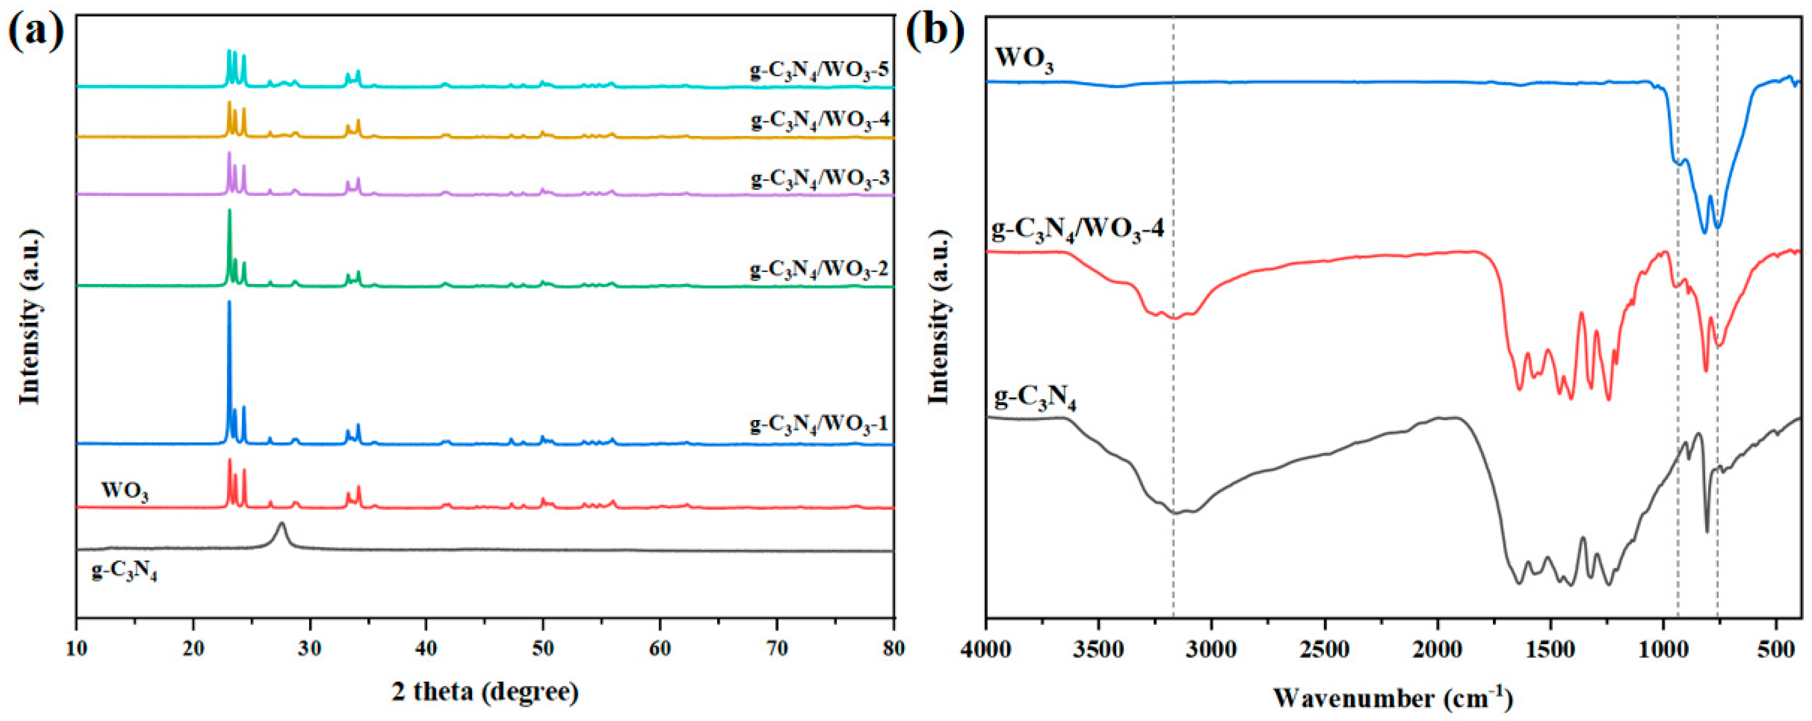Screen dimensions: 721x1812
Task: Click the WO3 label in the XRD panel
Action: click(124, 490)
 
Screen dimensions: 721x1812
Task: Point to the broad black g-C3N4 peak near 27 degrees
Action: click(282, 525)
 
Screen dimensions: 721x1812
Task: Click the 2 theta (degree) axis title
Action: click(485, 693)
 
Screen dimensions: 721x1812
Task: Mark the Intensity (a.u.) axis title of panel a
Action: click(29, 323)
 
